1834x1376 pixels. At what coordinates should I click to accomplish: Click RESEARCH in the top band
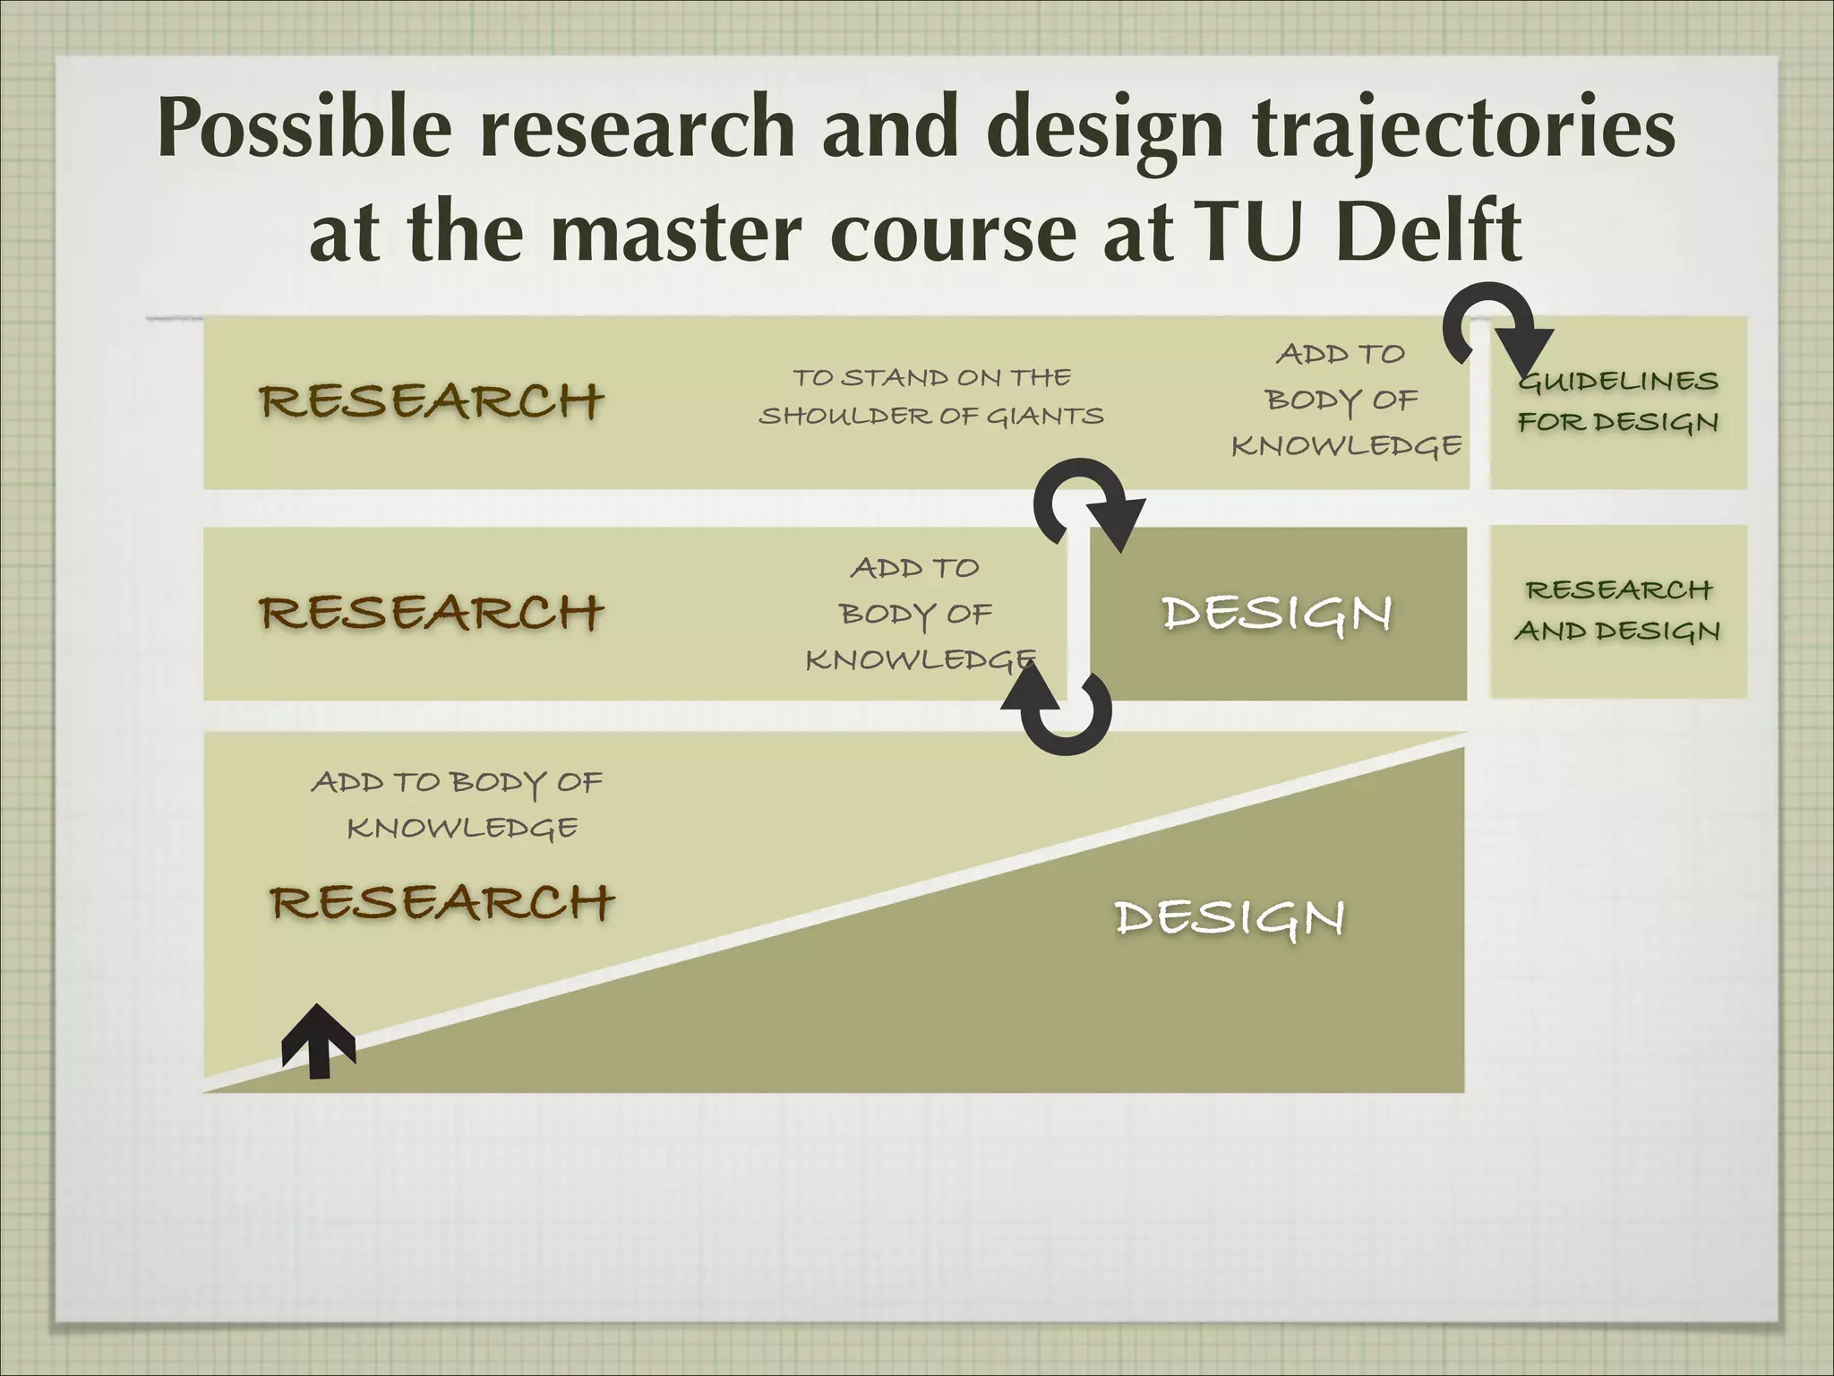click(x=431, y=400)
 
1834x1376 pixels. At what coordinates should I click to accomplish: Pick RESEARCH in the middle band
click(x=431, y=613)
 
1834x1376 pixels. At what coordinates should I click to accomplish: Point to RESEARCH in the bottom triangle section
click(x=441, y=901)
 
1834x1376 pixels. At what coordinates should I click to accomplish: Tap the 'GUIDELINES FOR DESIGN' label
click(x=1617, y=401)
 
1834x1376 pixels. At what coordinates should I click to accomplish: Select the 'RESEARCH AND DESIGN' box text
click(x=1617, y=610)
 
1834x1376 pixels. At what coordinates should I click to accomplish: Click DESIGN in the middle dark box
click(x=1276, y=615)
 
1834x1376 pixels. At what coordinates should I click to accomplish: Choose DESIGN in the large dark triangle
click(x=1229, y=918)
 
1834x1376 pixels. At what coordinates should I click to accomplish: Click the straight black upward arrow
click(x=318, y=1040)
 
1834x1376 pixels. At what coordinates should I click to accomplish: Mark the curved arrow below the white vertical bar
click(x=1060, y=712)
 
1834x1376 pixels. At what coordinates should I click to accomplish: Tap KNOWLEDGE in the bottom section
click(x=462, y=829)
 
